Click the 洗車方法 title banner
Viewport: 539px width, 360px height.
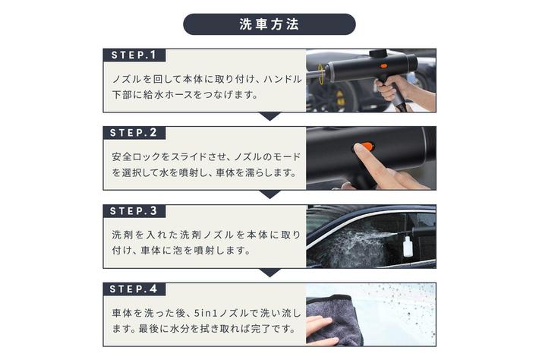[x=269, y=24]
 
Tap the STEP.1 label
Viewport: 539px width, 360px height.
[x=134, y=55]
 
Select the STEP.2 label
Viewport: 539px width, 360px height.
[x=134, y=133]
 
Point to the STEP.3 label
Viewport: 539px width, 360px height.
[x=134, y=211]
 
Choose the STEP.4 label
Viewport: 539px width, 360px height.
[x=134, y=289]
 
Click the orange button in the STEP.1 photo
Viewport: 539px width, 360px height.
[x=383, y=65]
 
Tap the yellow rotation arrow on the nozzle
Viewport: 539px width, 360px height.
[x=321, y=74]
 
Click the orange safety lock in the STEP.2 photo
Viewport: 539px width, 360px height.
[x=365, y=147]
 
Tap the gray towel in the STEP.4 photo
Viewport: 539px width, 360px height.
[x=334, y=320]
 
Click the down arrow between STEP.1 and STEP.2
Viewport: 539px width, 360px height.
[x=269, y=116]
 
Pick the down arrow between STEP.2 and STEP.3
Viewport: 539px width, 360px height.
[x=269, y=194]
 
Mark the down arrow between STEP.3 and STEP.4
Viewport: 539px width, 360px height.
[x=269, y=273]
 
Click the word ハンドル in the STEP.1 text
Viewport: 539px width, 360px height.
[x=282, y=79]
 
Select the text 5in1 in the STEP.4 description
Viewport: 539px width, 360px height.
[x=206, y=313]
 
